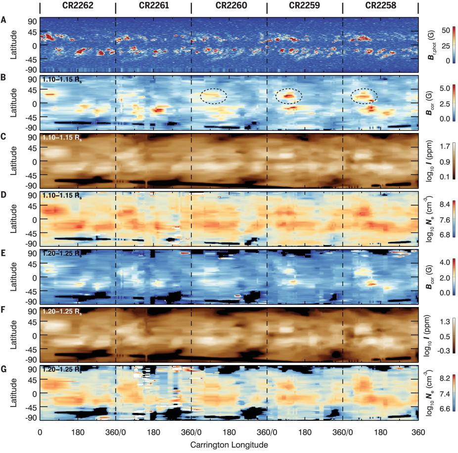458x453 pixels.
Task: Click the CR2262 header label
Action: [x=77, y=6]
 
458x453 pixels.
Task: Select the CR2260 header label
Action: [x=229, y=6]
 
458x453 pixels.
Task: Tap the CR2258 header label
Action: [x=380, y=6]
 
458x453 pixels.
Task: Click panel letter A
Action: [x=4, y=20]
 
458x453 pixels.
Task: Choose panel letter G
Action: [x=4, y=368]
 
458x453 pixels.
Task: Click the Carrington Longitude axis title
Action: [x=229, y=445]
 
